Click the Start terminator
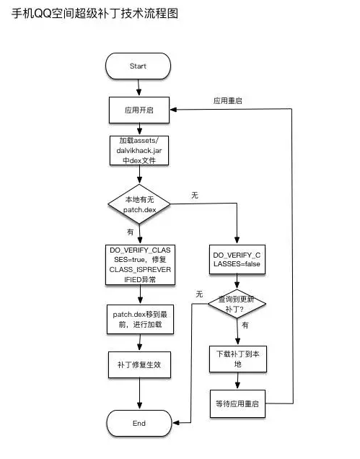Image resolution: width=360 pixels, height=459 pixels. coord(138,66)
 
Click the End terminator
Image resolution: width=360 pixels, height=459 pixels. coord(139,423)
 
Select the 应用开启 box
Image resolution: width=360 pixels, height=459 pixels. coord(139,110)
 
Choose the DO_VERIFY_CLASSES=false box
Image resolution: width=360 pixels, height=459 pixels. coord(237,261)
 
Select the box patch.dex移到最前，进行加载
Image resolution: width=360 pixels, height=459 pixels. coord(139,320)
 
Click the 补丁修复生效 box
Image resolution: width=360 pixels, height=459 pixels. coord(139,364)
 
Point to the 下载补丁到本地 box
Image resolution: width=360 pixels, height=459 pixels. coord(237,359)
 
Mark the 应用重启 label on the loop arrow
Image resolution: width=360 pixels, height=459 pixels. coord(227,101)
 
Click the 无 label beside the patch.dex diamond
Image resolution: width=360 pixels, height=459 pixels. coord(195,196)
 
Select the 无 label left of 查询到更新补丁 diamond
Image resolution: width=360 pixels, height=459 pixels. coord(199,295)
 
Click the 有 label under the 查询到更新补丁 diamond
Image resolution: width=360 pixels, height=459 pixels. coord(245,326)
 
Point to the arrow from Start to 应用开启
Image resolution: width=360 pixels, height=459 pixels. coord(139,88)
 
